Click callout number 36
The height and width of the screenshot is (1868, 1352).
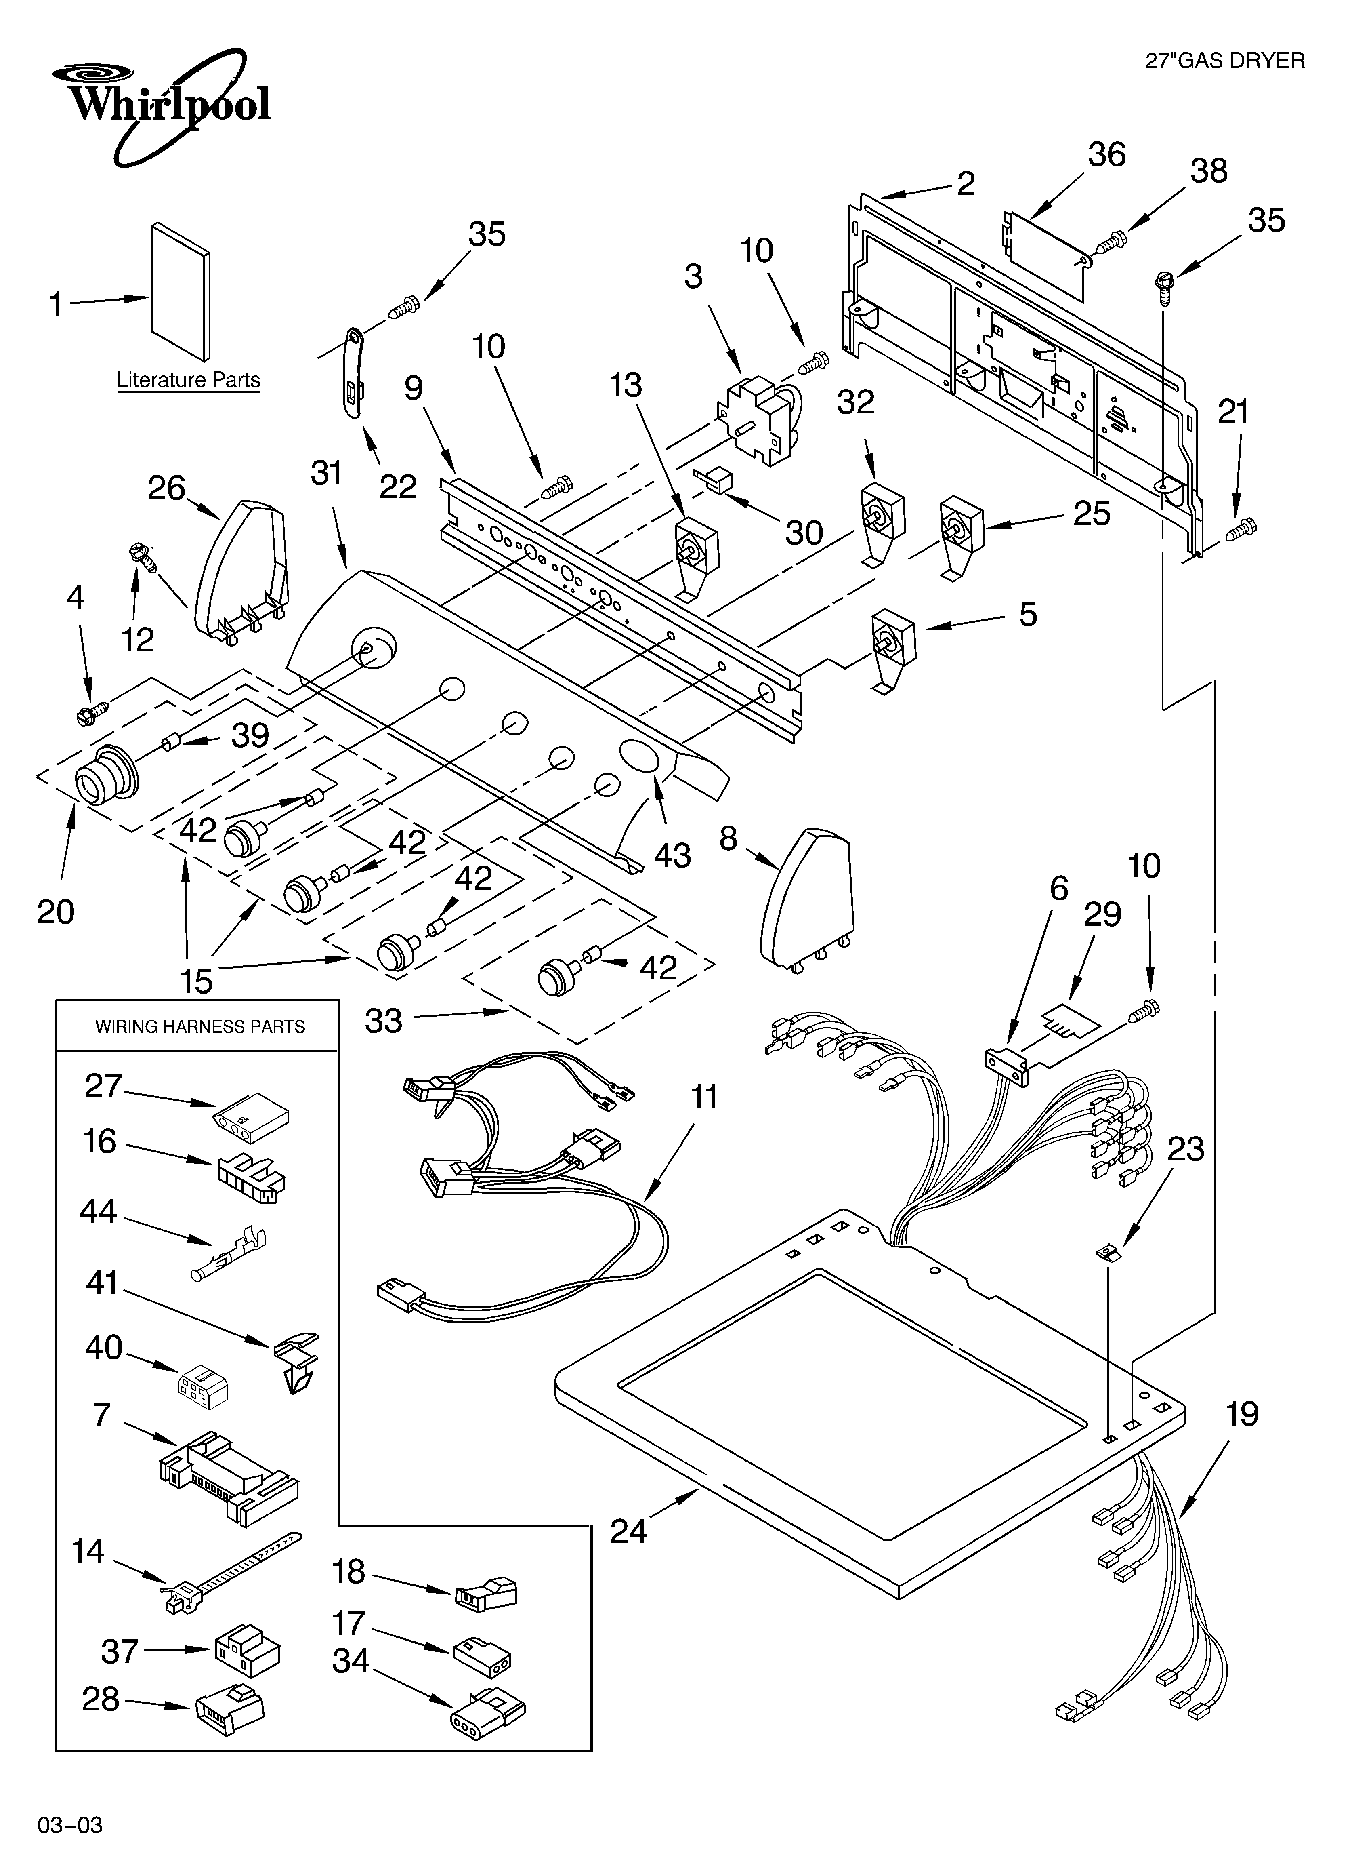tap(1106, 155)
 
